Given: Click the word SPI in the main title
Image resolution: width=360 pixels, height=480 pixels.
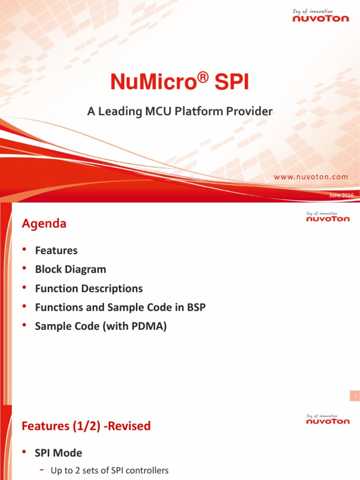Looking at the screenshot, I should [x=232, y=82].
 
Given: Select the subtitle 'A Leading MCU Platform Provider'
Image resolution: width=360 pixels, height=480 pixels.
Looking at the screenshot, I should [x=180, y=112].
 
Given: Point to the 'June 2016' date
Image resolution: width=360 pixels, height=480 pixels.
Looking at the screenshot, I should [x=341, y=195].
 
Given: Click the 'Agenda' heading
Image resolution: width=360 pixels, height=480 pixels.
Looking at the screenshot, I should [x=44, y=224].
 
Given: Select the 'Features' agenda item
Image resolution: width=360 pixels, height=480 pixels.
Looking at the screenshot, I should [x=56, y=250].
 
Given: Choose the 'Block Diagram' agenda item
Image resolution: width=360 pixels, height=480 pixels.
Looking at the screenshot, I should [x=70, y=270].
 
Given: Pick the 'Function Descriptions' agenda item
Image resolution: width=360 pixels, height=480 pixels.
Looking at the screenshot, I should [x=89, y=288].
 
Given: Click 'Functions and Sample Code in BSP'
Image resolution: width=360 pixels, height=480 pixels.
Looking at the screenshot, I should [x=120, y=307].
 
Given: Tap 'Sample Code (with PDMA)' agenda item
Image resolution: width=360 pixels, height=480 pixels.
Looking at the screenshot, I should [x=101, y=326].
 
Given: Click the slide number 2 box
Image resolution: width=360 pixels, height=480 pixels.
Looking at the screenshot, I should [x=355, y=397].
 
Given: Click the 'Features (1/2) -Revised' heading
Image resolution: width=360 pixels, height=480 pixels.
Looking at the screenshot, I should [x=86, y=426].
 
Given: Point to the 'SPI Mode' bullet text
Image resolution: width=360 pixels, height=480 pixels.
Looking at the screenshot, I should [x=59, y=453].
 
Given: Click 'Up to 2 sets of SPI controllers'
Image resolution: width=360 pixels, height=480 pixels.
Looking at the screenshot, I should [x=109, y=471].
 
